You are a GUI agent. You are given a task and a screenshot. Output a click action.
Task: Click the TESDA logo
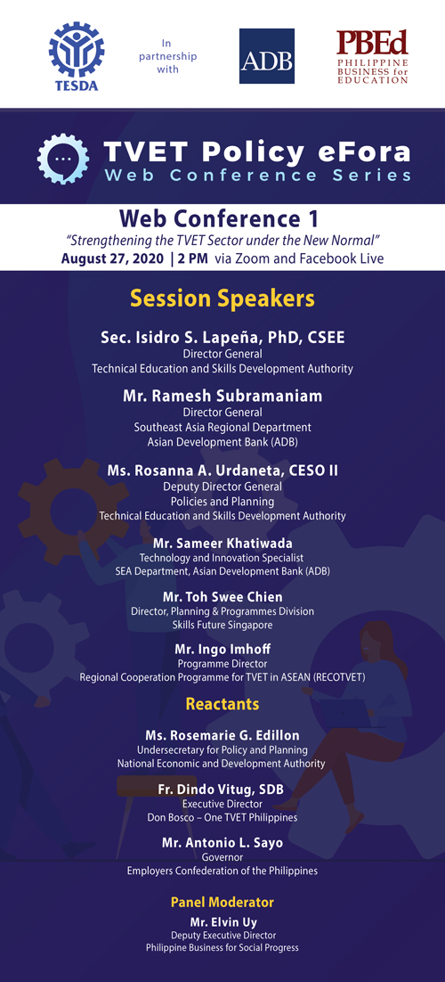(x=77, y=56)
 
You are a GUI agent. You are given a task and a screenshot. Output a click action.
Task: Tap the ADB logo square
(x=267, y=56)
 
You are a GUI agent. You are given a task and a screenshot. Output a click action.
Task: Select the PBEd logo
(x=372, y=56)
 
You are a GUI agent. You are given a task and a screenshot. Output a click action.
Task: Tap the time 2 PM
(x=193, y=258)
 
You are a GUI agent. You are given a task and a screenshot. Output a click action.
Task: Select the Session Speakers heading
(x=222, y=299)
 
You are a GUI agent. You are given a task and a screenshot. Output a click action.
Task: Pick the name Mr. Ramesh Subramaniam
(x=222, y=396)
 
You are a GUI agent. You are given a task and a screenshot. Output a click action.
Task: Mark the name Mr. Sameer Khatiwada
(x=222, y=543)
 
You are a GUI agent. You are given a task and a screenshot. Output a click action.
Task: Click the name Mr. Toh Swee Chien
(x=222, y=596)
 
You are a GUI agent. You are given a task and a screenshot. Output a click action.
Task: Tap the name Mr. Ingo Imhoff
(x=222, y=650)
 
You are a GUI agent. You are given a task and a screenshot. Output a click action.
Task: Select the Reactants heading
(x=222, y=705)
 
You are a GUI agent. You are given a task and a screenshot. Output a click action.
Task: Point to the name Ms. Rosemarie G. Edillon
(x=222, y=735)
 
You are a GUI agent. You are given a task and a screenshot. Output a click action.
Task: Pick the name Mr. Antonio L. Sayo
(x=222, y=843)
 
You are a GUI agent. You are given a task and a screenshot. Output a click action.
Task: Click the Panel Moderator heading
(x=222, y=903)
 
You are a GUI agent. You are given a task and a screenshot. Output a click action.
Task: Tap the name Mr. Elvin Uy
(x=222, y=922)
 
